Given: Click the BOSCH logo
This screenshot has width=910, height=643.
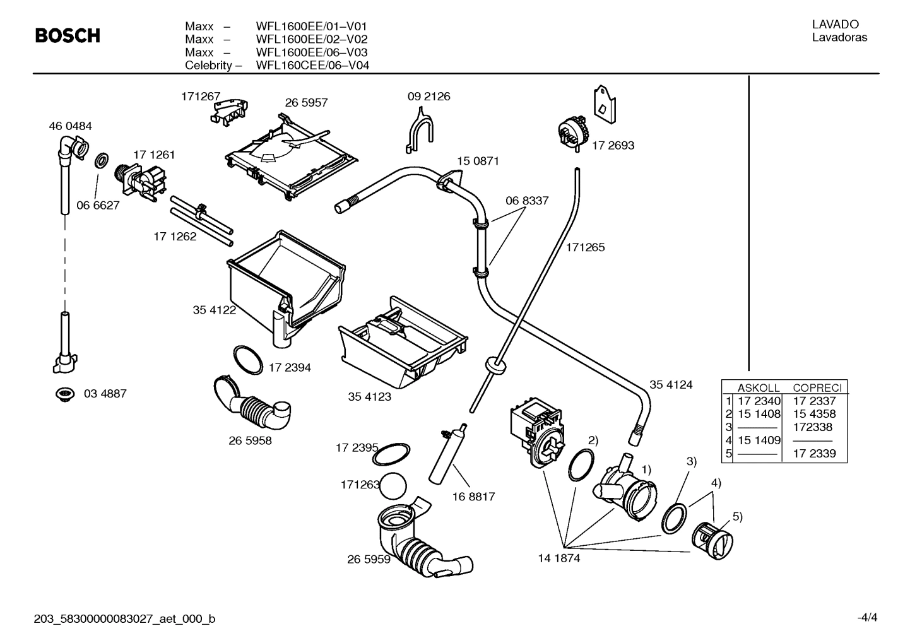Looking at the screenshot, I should [x=68, y=36].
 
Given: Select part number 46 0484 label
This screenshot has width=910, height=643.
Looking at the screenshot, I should [x=70, y=126].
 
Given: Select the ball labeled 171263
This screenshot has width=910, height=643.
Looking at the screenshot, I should [x=393, y=487].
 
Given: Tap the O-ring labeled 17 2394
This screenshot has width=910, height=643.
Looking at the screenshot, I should [x=247, y=360].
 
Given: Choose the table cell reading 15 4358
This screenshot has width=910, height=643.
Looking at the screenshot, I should [x=814, y=414].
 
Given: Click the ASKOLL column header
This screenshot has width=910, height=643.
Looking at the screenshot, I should [x=758, y=388].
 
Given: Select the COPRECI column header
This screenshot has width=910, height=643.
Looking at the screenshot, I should [x=817, y=388].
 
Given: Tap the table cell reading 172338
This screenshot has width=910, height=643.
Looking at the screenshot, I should [x=813, y=427].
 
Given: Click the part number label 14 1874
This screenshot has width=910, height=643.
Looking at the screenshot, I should [x=558, y=558].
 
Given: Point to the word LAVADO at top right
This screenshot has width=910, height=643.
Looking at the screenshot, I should [x=835, y=25].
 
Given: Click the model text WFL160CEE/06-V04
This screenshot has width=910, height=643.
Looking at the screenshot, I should [x=312, y=66].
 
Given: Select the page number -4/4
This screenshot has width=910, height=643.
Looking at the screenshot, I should [x=866, y=618].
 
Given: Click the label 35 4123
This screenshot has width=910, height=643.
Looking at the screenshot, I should [x=369, y=397].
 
